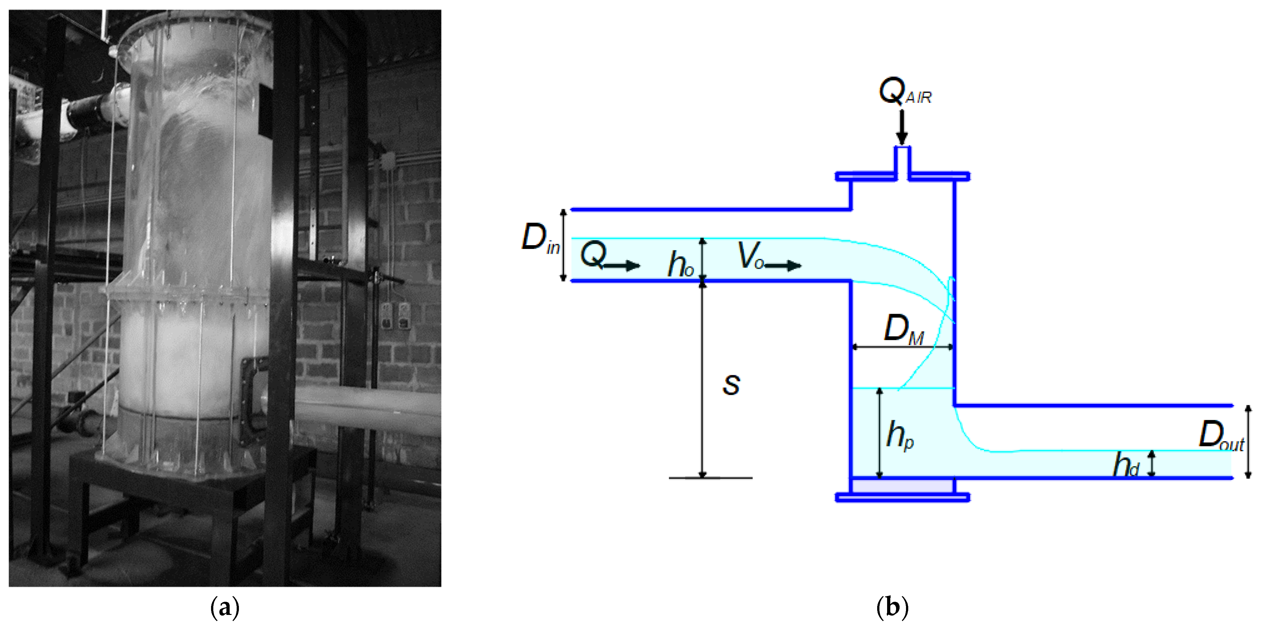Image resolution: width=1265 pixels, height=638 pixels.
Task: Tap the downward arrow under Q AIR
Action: [902, 127]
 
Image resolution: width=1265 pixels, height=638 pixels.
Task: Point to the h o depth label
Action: [681, 264]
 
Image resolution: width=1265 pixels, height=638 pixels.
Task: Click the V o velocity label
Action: [751, 256]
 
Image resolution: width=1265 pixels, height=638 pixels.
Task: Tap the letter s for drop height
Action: [731, 385]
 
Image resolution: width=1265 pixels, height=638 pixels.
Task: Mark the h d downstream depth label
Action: [1127, 465]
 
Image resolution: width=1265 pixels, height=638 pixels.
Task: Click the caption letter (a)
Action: [225, 608]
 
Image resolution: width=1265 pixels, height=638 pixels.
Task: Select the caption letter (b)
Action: [892, 608]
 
